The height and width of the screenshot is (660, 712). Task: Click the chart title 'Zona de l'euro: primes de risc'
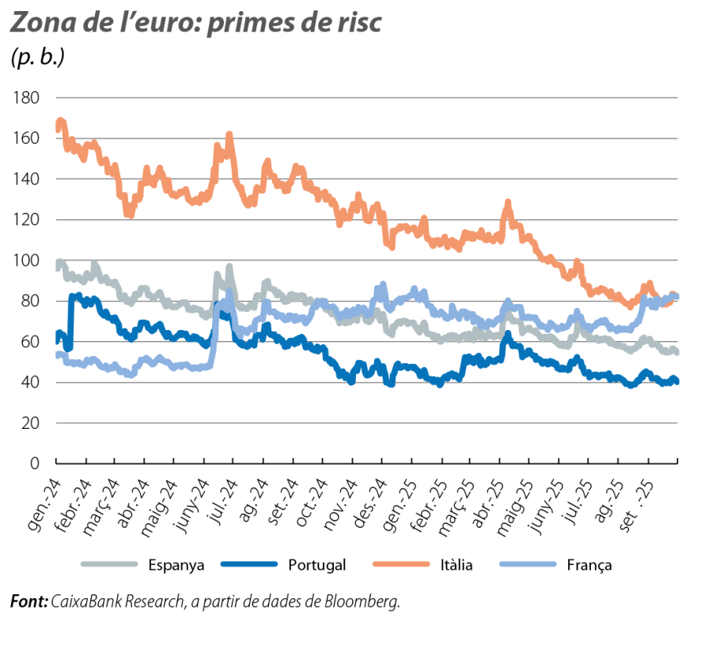195,24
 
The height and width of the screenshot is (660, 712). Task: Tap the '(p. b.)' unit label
36,59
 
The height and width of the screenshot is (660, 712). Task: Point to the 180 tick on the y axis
28,97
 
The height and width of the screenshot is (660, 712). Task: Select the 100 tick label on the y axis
28,260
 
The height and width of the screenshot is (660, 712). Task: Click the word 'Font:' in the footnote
28,601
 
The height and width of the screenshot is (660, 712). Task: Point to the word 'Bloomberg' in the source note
364,601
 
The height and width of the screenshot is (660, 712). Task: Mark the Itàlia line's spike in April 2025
508,203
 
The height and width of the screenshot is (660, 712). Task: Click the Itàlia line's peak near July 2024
229,136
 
